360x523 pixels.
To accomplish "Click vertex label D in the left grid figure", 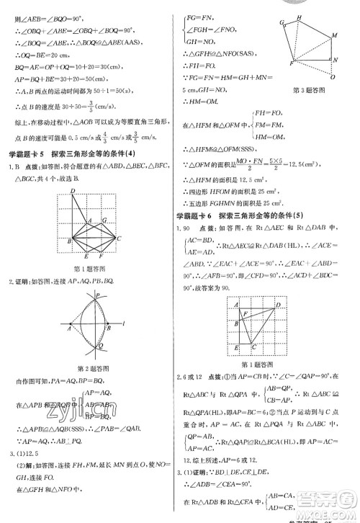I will pos(73,190).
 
